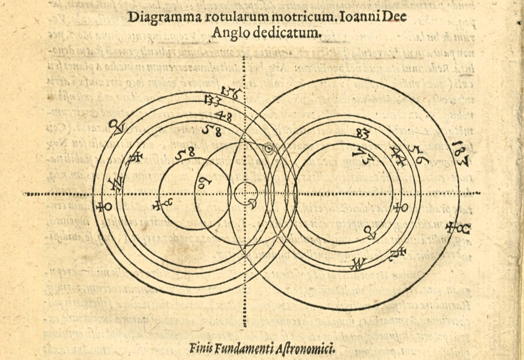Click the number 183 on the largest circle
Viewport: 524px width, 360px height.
pyautogui.click(x=460, y=154)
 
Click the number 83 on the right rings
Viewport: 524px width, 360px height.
pyautogui.click(x=363, y=134)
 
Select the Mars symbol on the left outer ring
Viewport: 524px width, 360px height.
pyautogui.click(x=117, y=126)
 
